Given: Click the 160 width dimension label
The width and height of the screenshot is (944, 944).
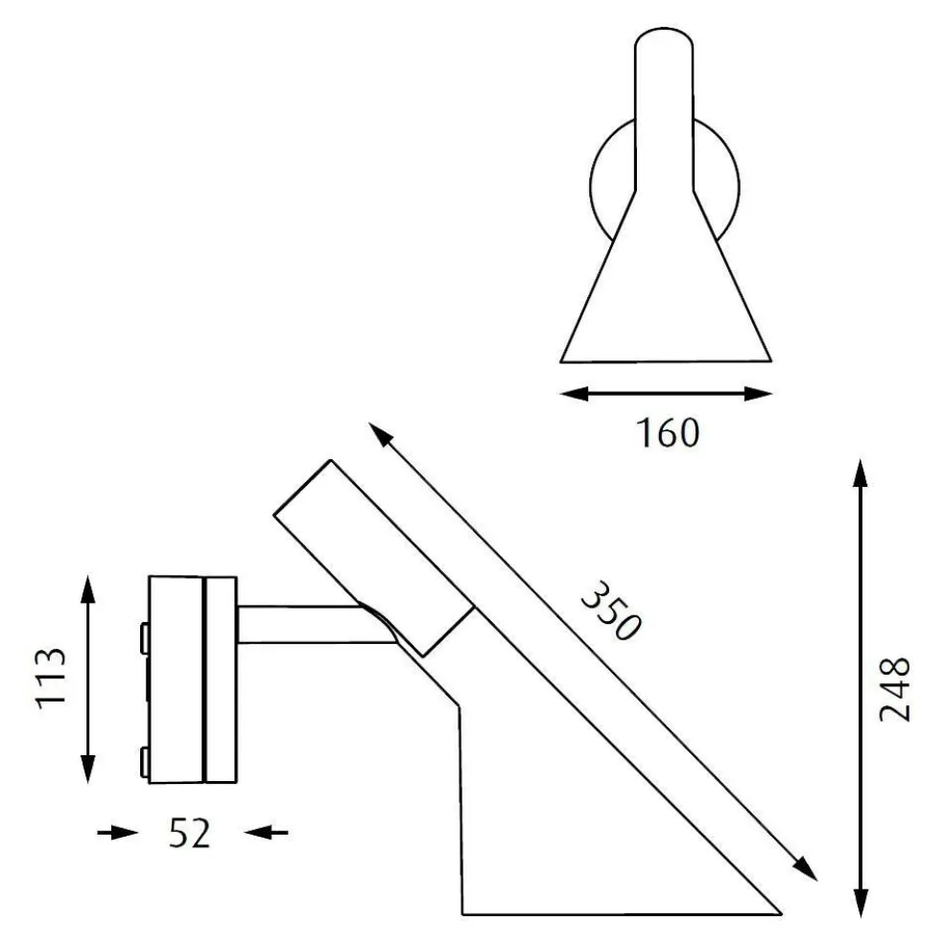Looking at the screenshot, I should pos(667,433).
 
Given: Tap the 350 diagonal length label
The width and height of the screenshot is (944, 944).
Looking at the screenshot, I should pos(609,610).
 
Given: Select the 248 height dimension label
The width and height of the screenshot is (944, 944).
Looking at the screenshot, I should pos(894,689).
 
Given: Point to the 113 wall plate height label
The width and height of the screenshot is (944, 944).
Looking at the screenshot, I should pos(51,679).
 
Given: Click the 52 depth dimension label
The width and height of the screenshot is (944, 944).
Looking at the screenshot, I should pos(189,833).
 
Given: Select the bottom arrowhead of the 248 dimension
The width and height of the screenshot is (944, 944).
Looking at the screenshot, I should pos(861,904).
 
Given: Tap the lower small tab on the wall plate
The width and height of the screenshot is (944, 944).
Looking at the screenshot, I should pos(144,762).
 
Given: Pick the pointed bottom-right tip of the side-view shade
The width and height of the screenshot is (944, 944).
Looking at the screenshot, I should pos(777,911).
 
